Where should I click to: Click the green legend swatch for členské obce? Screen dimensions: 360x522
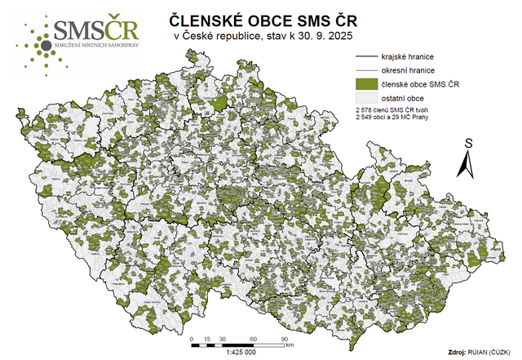(368, 84)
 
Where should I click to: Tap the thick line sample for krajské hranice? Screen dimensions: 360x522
(368, 57)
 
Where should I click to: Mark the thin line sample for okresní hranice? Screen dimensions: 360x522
(368, 71)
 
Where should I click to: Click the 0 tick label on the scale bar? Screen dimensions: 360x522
(191, 336)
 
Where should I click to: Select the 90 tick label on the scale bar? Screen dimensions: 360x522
(285, 336)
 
